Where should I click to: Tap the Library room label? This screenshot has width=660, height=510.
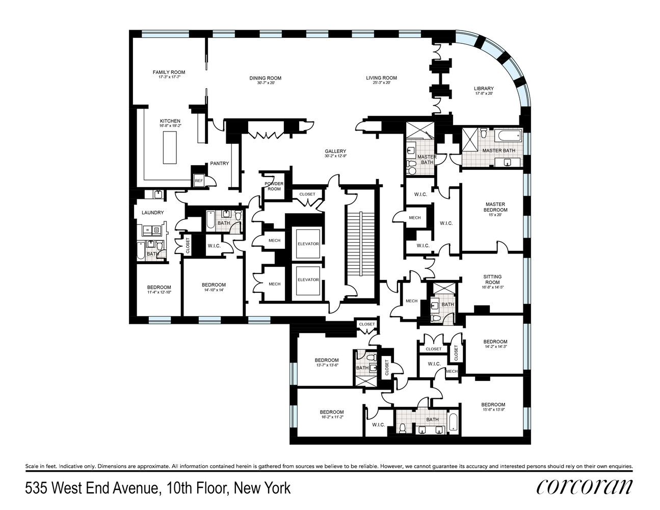(x=483, y=88)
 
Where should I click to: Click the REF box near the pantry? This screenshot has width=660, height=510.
(x=199, y=180)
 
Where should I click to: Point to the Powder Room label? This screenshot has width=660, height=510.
(x=273, y=186)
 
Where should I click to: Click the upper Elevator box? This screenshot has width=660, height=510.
(x=308, y=244)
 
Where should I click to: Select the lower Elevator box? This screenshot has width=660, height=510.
(x=308, y=279)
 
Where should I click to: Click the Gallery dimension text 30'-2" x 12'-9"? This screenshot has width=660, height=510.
(x=335, y=157)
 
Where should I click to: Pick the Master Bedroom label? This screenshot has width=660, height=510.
(x=496, y=207)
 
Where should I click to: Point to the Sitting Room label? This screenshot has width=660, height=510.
(x=492, y=279)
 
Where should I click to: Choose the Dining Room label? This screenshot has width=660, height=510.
(x=266, y=78)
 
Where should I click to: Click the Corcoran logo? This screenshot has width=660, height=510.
(x=584, y=487)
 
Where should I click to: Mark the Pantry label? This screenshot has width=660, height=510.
(x=220, y=164)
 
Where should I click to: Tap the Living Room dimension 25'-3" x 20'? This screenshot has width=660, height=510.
(x=381, y=83)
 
